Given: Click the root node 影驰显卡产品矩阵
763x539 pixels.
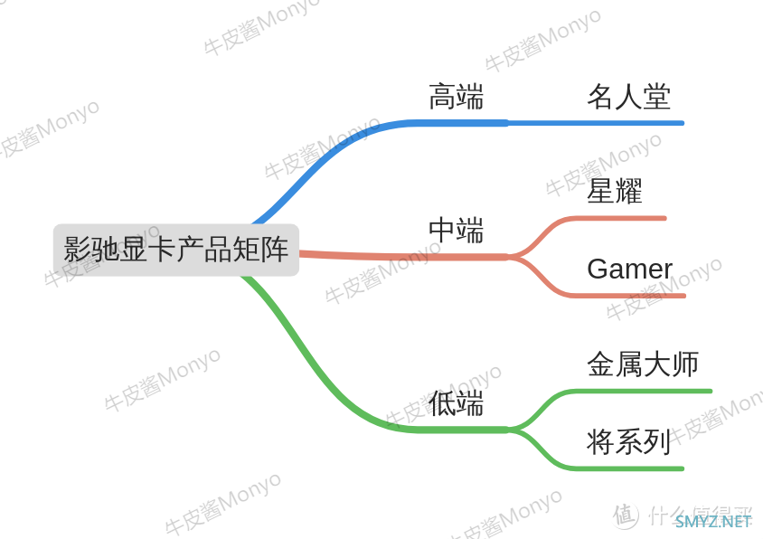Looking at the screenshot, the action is [175, 250].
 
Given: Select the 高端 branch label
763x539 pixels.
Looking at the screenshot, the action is [456, 97].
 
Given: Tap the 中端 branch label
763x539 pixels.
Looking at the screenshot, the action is [456, 230].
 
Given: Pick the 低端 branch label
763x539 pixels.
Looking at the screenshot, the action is [456, 402].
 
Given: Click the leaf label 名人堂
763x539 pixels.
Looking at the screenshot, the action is [628, 97].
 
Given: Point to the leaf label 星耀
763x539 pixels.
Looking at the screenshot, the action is [615, 191].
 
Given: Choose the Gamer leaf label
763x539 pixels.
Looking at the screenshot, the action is [630, 269].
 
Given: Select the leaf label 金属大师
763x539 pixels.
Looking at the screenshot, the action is [643, 364].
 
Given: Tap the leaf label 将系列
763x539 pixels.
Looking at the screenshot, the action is [628, 441].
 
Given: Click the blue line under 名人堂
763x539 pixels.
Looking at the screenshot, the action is [596, 123].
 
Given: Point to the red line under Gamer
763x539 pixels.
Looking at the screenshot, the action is [626, 296].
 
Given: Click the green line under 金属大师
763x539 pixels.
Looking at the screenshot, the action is [640, 391].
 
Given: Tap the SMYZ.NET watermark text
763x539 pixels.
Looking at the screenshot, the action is [713, 522].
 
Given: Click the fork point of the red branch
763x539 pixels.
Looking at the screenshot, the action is [509, 256].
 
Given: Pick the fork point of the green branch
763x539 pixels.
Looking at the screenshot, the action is [509, 430].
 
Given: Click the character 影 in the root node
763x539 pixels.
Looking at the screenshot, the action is [77, 250].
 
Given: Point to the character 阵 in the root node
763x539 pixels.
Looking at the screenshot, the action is [275, 250].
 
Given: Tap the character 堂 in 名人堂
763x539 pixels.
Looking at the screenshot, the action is [656, 97].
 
